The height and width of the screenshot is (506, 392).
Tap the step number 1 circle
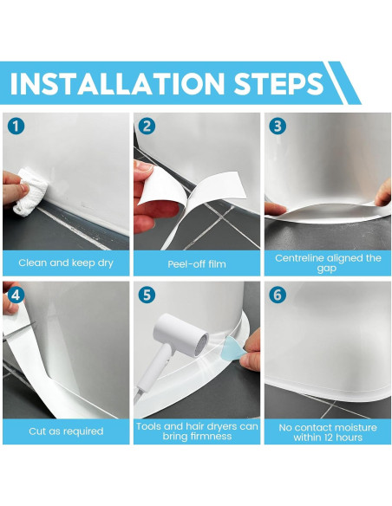point(15,126)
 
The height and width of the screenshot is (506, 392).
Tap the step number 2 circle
point(147,126)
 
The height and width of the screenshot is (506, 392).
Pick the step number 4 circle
point(15,295)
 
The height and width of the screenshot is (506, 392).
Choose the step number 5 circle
point(147,295)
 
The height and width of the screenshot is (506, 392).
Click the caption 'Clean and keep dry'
point(65,263)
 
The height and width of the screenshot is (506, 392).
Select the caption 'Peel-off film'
point(196,263)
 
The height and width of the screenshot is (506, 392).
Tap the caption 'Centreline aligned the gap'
point(328,263)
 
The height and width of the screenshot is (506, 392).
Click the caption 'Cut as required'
point(65,431)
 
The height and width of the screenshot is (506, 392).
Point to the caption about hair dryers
point(196,431)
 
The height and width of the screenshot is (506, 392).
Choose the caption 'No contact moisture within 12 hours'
point(328,431)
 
